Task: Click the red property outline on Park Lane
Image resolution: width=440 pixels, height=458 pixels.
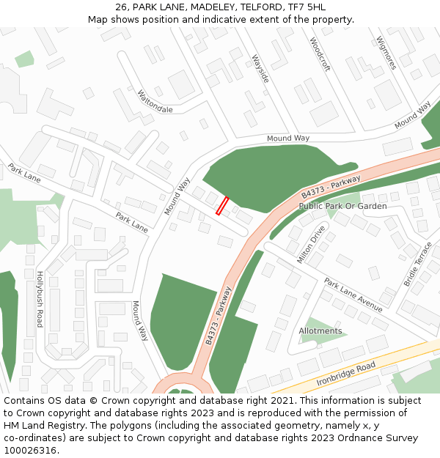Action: point(222,206)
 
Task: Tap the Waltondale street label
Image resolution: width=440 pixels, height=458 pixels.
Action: point(155,101)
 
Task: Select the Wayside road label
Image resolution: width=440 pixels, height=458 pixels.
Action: point(260,68)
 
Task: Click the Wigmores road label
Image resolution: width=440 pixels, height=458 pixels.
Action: point(386,53)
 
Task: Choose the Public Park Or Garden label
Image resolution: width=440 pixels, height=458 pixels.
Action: point(342,207)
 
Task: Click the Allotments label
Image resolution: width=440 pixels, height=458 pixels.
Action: point(320,331)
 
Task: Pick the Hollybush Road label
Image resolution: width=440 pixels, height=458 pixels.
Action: point(40,298)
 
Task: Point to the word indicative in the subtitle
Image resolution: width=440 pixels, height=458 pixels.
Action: point(237,19)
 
